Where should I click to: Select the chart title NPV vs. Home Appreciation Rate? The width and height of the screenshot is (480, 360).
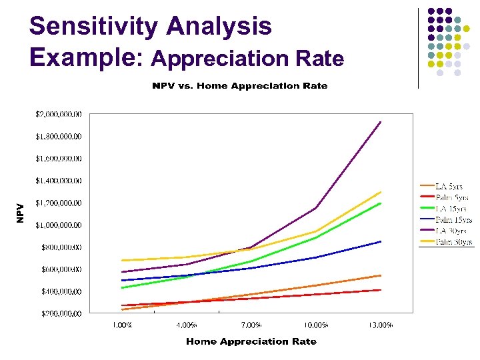240,86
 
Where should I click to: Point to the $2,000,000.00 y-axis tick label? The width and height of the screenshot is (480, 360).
59,114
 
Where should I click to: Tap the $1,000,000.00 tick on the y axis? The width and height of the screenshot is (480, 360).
59,225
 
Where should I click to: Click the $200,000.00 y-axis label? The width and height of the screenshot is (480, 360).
59,313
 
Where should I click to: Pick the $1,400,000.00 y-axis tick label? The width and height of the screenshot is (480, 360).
59,181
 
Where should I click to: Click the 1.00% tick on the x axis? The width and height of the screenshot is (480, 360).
122,325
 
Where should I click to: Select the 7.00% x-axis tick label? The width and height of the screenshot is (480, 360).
251,325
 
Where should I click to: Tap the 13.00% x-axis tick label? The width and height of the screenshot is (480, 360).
381,325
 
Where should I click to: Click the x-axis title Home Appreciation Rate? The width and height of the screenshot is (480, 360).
251,341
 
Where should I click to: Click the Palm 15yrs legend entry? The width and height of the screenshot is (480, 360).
453,219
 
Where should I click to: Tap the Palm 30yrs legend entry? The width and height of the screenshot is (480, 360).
453,241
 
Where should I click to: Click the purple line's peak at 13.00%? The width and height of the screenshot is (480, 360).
381,122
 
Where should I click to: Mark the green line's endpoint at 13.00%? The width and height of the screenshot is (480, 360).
381,203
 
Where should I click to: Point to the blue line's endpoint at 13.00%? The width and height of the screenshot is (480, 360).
381,241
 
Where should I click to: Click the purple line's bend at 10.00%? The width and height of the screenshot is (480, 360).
316,209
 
